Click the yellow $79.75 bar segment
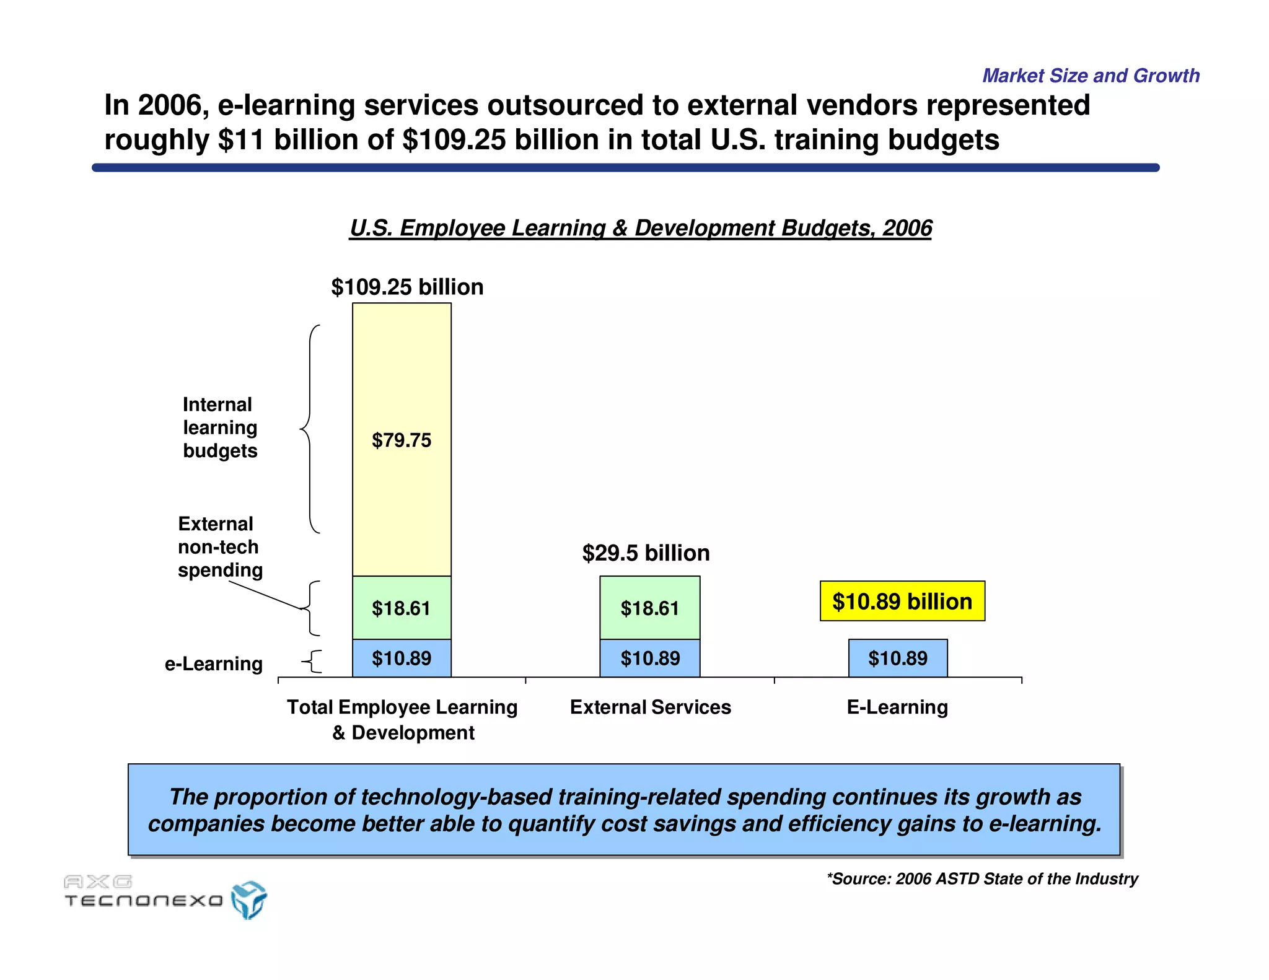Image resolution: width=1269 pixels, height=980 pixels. point(402,439)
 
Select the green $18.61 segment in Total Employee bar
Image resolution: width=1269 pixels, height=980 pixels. point(402,608)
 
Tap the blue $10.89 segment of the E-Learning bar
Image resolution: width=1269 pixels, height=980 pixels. point(897,658)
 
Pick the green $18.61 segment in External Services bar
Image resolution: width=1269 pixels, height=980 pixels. point(649,608)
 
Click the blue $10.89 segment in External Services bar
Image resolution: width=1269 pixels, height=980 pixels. point(649,658)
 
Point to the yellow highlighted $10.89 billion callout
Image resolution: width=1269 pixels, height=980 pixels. point(902,601)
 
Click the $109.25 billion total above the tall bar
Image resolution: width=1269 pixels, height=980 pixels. point(407,287)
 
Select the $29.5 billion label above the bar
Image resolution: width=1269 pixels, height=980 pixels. point(646,553)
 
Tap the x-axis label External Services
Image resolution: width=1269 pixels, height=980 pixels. point(650,707)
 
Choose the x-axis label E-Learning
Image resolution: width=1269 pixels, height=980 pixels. point(897,707)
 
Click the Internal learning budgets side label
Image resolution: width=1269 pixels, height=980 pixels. point(220,427)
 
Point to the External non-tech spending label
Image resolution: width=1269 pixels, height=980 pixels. point(219,546)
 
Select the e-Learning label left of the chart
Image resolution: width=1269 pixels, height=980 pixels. point(213,663)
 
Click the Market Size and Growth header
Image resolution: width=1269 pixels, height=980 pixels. point(1091,76)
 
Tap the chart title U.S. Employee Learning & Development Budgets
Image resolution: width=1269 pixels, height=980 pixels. point(640,228)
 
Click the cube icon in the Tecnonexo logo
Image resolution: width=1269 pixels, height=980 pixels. point(248,899)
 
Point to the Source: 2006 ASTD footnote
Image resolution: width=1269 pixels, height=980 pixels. point(982,878)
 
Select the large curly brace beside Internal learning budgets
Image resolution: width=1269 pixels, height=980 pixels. point(310,429)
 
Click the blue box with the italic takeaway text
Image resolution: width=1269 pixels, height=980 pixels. point(624,810)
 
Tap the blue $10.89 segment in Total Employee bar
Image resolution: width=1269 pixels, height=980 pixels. point(402,658)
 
